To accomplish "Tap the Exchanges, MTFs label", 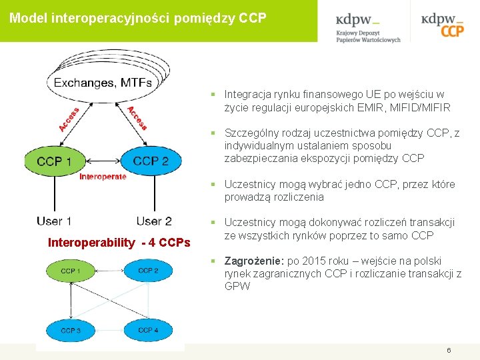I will pyautogui.click(x=103, y=83).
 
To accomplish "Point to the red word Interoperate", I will pyautogui.click(x=103, y=177).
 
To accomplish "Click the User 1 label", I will pyautogui.click(x=54, y=221).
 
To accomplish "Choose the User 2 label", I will pyautogui.click(x=154, y=221).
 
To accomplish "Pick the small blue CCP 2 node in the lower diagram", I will pyautogui.click(x=148, y=271).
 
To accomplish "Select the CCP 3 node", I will pyautogui.click(x=71, y=330).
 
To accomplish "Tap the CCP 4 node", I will pyautogui.click(x=148, y=330).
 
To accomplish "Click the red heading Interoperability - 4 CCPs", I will pyautogui.click(x=119, y=243).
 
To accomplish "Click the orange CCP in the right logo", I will pyautogui.click(x=451, y=30).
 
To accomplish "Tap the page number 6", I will pyautogui.click(x=449, y=351).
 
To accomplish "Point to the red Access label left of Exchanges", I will pyautogui.click(x=69, y=119).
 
